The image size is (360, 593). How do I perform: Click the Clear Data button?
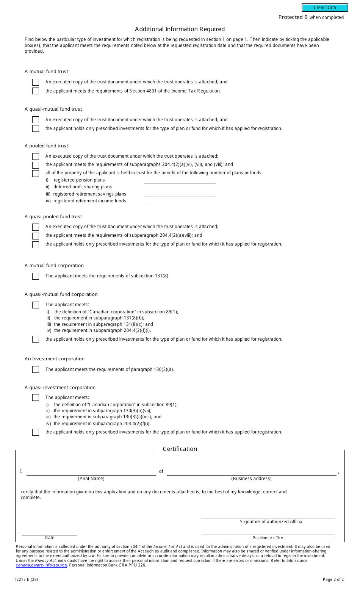pos(325,8)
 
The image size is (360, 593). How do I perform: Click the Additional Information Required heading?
pos(180,29)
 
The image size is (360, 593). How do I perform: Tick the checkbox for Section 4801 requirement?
pos(36,91)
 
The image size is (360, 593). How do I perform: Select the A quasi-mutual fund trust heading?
pos(53,109)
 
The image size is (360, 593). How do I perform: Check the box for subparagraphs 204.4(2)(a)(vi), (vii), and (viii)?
pos(36,165)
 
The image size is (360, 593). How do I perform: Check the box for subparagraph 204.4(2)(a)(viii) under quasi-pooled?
pos(36,236)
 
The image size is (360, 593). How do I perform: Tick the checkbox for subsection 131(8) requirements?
pos(36,276)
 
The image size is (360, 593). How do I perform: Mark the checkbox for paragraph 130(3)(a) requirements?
pos(36,369)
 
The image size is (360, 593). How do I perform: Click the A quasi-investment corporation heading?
pos(60,388)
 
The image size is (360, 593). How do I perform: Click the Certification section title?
pos(180,449)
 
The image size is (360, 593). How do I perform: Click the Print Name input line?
pos(91,472)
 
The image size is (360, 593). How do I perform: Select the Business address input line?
pos(251,472)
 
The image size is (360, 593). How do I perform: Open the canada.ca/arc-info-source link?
pos(41,565)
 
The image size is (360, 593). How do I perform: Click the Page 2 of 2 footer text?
pos(333,579)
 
